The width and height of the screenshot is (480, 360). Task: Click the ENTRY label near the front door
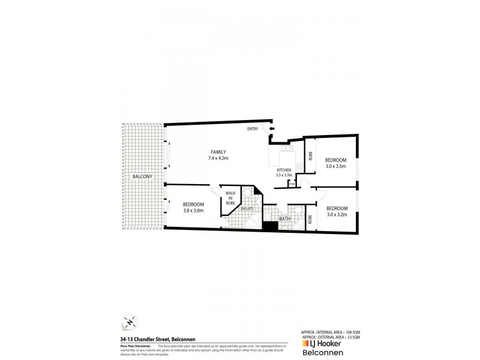pyautogui.click(x=253, y=129)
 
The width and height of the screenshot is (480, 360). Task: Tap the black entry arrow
pyautogui.click(x=271, y=128)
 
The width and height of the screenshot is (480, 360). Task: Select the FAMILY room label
pyautogui.click(x=218, y=151)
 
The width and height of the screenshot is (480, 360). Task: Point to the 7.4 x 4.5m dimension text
pyautogui.click(x=218, y=158)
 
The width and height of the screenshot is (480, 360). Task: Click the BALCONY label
pyautogui.click(x=143, y=176)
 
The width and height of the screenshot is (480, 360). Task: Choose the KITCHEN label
pyautogui.click(x=284, y=170)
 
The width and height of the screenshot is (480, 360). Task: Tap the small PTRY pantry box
pyautogui.click(x=291, y=184)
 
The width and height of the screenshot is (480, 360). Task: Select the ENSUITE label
pyautogui.click(x=248, y=208)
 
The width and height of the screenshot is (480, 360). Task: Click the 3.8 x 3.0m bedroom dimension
pyautogui.click(x=193, y=211)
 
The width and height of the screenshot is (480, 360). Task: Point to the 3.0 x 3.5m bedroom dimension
pyautogui.click(x=335, y=166)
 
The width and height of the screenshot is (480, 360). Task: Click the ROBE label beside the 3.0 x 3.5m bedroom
pyautogui.click(x=310, y=157)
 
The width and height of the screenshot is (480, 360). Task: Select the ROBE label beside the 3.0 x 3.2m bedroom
pyautogui.click(x=310, y=219)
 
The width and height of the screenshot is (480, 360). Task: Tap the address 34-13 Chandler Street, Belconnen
pyautogui.click(x=157, y=338)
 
